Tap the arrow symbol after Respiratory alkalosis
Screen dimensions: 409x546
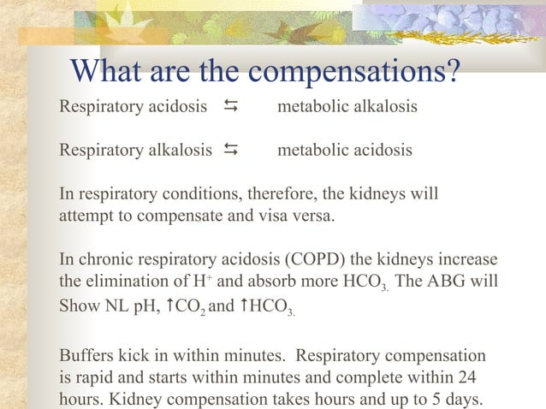click(x=230, y=151)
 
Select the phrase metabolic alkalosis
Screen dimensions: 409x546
click(x=347, y=107)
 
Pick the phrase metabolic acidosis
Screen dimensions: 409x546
click(x=345, y=151)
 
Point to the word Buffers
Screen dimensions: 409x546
click(x=87, y=354)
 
